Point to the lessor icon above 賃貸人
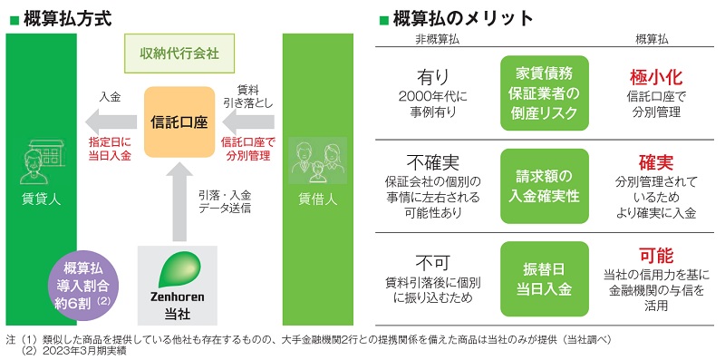pos(40,163)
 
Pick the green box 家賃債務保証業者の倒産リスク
pos(545,93)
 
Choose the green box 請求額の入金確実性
pos(545,187)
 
